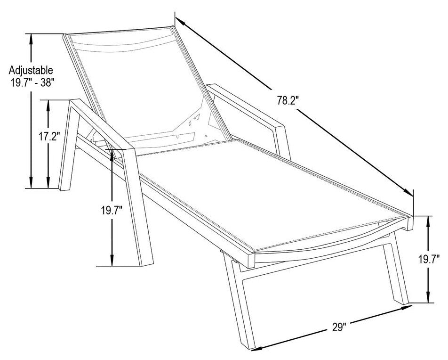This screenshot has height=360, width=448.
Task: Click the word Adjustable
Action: click(x=31, y=70)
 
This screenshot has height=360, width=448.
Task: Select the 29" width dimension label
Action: click(x=339, y=327)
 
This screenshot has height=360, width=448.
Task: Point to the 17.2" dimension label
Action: click(x=49, y=136)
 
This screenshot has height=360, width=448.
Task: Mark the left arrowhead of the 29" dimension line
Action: click(x=255, y=348)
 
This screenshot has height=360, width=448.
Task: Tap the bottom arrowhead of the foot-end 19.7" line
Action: click(x=428, y=297)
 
